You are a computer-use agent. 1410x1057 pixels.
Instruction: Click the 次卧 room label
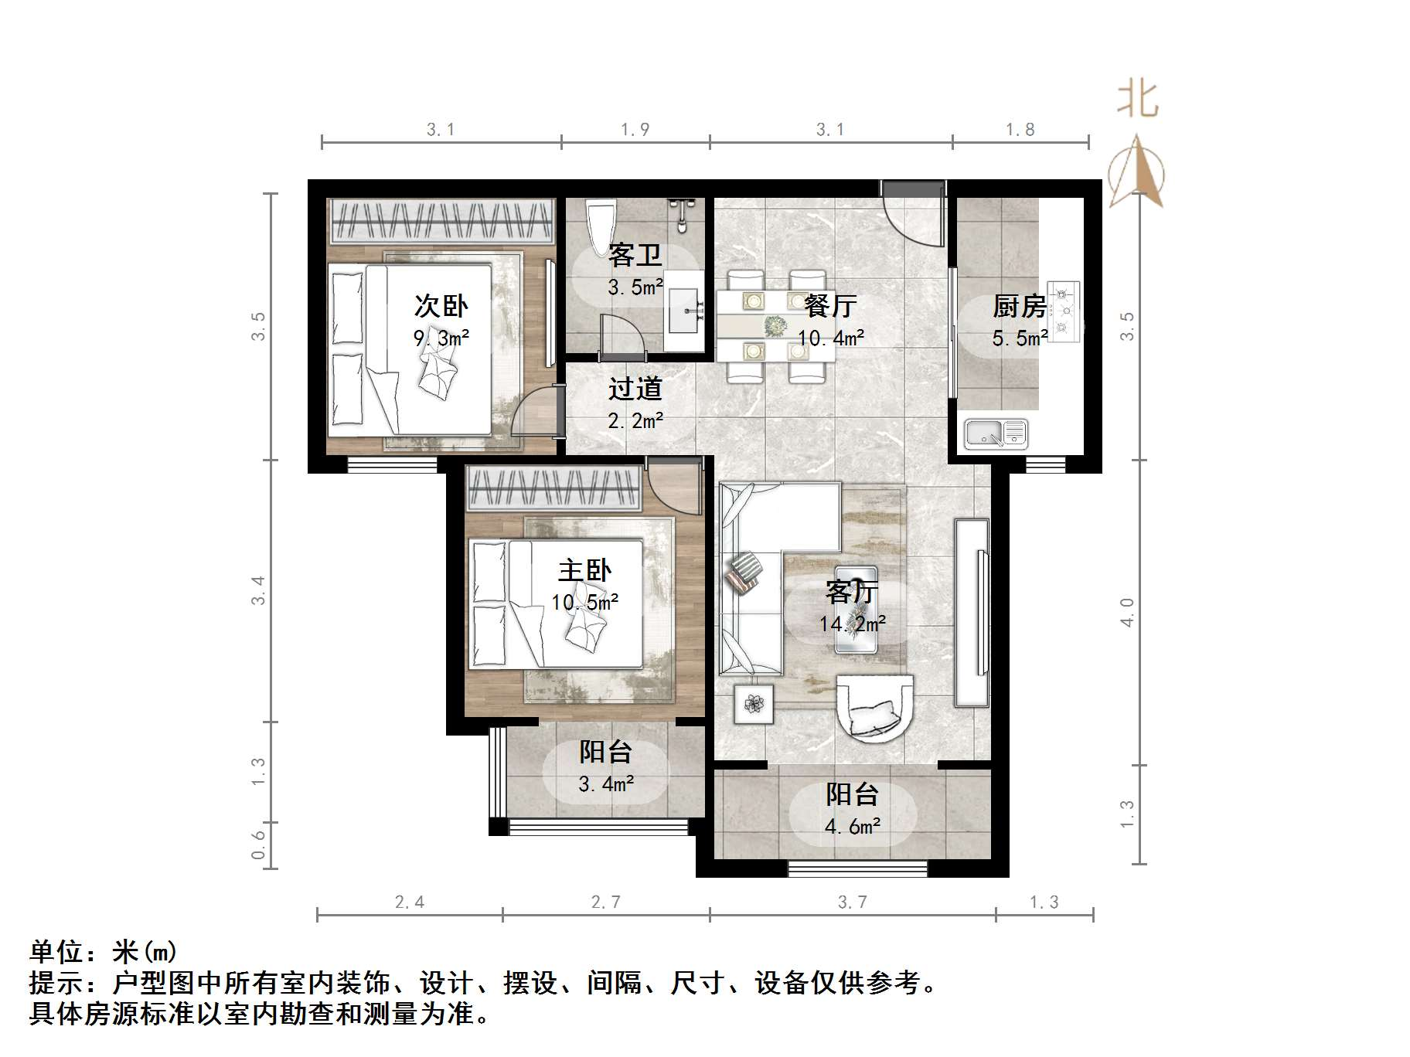pyautogui.click(x=441, y=306)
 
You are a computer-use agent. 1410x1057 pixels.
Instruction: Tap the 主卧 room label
pyautogui.click(x=584, y=571)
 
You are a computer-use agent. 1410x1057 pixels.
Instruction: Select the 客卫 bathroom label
pyautogui.click(x=635, y=255)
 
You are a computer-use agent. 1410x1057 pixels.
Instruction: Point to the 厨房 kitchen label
pyautogui.click(x=1020, y=307)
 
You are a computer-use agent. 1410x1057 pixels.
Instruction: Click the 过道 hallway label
pyautogui.click(x=635, y=389)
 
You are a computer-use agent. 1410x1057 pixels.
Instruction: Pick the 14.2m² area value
pyautogui.click(x=853, y=624)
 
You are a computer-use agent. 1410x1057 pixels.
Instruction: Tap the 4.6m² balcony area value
pyautogui.click(x=853, y=827)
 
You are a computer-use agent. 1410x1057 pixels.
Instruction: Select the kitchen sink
pyautogui.click(x=996, y=433)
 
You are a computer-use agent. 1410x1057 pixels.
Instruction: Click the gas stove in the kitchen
pyautogui.click(x=1066, y=311)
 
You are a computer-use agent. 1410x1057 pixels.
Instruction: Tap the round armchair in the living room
pyautogui.click(x=875, y=707)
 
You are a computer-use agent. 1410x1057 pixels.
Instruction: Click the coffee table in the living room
pyautogui.click(x=857, y=610)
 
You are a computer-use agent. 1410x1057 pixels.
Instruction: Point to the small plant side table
pyautogui.click(x=754, y=704)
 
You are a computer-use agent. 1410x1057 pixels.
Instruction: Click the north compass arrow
pyautogui.click(x=1137, y=172)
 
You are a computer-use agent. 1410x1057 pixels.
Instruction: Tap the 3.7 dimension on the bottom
pyautogui.click(x=852, y=902)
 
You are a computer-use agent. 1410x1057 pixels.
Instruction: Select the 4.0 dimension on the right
pyautogui.click(x=1127, y=612)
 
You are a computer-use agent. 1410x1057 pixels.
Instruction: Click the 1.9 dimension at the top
pyautogui.click(x=635, y=130)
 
